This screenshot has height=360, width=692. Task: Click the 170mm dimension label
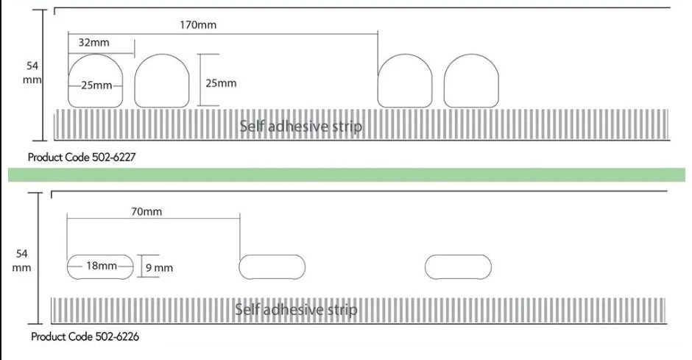(x=198, y=25)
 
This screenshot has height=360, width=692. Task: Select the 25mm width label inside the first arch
(x=96, y=85)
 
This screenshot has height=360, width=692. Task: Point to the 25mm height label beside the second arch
(x=221, y=83)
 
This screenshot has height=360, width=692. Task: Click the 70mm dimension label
(x=146, y=212)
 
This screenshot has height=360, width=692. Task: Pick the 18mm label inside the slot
(x=102, y=266)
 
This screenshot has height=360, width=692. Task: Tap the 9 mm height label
(x=159, y=268)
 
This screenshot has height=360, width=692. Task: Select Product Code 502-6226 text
(x=85, y=336)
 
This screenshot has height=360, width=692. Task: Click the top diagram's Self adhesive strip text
(x=300, y=127)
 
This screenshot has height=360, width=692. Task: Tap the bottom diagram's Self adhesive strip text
(x=296, y=309)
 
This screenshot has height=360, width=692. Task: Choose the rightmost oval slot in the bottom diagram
(x=459, y=267)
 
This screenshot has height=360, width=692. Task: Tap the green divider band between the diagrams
(x=346, y=174)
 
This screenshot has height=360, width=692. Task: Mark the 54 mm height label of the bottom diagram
(x=23, y=261)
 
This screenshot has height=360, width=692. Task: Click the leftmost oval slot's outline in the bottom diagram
(x=68, y=267)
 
